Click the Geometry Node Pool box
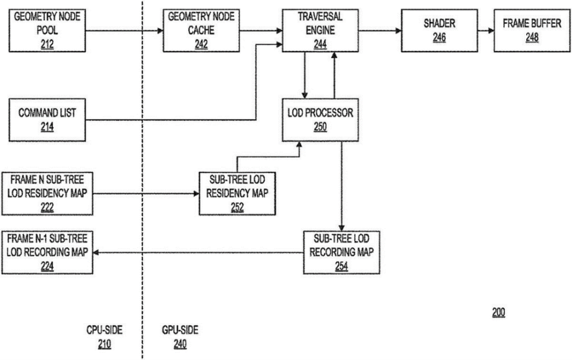[47, 31]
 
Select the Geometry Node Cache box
[201, 31]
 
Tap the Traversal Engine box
[320, 31]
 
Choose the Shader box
[439, 31]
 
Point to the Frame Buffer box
[532, 31]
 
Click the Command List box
[47, 119]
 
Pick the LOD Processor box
[320, 119]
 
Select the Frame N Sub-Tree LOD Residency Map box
[47, 194]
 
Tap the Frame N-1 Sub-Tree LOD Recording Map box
[47, 252]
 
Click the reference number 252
[237, 207]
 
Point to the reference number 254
[341, 266]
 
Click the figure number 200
[498, 312]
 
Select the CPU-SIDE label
[104, 330]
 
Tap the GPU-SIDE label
[180, 330]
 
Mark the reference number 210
[104, 344]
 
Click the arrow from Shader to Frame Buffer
[486, 31]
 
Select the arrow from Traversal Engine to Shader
[380, 31]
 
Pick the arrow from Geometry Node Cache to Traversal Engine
[261, 31]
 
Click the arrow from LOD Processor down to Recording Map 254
[342, 186]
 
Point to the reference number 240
[180, 344]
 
